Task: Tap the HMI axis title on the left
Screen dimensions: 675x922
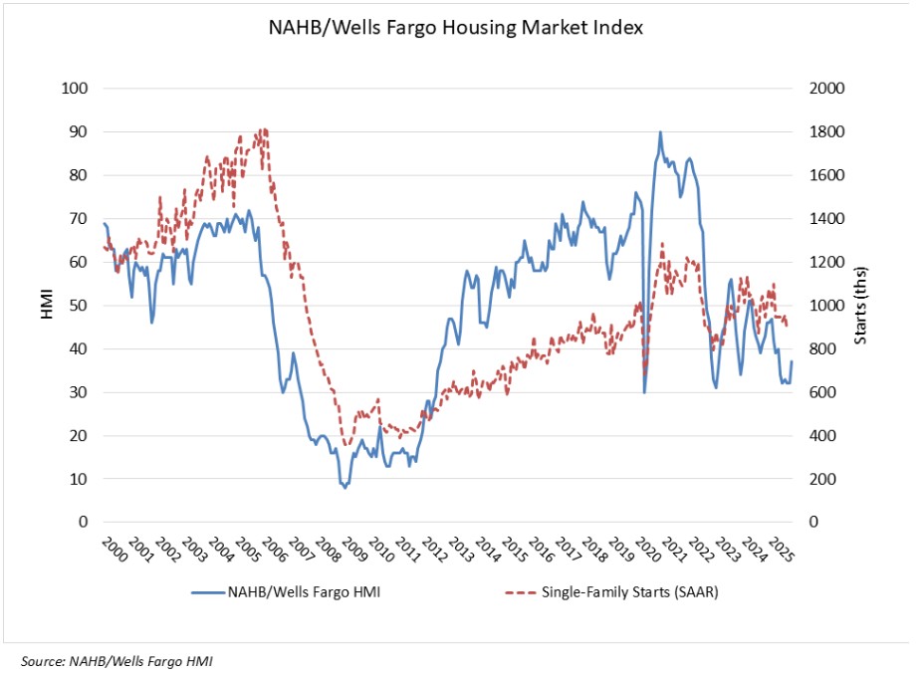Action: coord(47,306)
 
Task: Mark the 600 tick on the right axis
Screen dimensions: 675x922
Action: coord(824,392)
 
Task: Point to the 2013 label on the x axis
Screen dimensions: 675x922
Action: coord(455,551)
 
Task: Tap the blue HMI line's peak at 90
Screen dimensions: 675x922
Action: coord(660,132)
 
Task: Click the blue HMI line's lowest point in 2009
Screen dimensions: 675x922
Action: coord(346,487)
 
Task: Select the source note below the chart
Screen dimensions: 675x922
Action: coord(115,660)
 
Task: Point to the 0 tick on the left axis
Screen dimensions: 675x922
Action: coord(85,522)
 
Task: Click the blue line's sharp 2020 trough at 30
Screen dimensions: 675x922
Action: coord(644,392)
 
